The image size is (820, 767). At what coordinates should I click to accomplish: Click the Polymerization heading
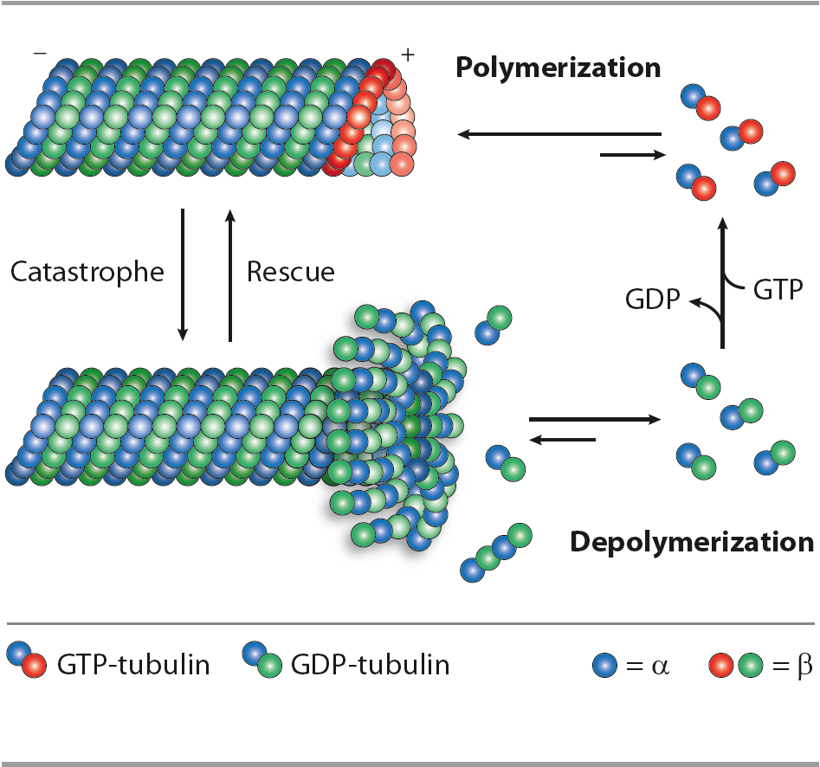pyautogui.click(x=559, y=68)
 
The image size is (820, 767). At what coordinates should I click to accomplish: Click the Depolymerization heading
pyautogui.click(x=691, y=542)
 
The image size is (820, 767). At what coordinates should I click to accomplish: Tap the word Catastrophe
pyautogui.click(x=87, y=272)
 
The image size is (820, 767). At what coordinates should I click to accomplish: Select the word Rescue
pyautogui.click(x=290, y=272)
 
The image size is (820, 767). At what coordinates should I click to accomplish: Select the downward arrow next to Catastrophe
pyautogui.click(x=183, y=274)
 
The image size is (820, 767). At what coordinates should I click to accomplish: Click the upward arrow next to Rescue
pyautogui.click(x=230, y=274)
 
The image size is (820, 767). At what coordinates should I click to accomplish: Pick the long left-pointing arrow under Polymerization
pyautogui.click(x=559, y=134)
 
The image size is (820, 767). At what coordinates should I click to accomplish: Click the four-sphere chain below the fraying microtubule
pyautogui.click(x=496, y=552)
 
